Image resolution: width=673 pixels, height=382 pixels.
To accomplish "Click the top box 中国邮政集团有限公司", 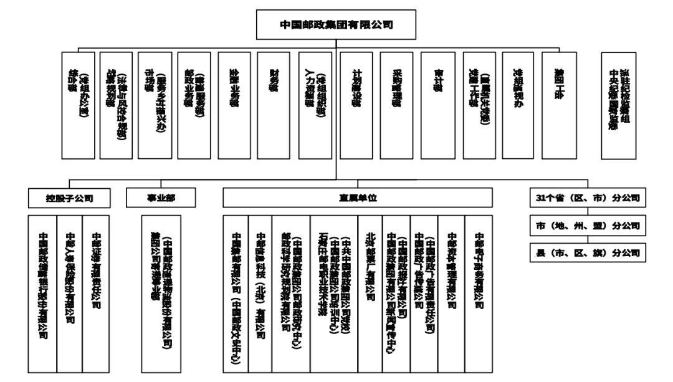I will pyautogui.click(x=336, y=25).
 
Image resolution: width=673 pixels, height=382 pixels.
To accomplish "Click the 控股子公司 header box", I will pyautogui.click(x=70, y=198).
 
